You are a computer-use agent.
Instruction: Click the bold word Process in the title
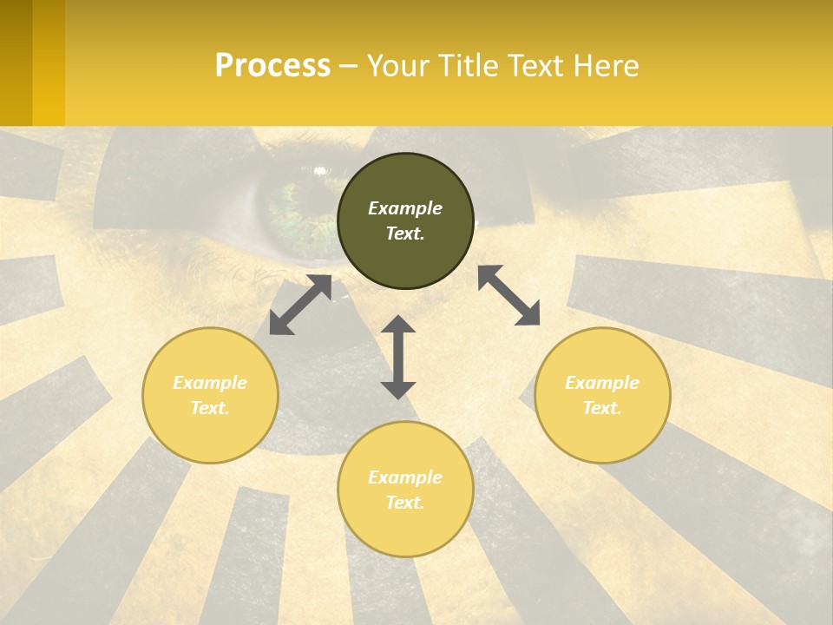(272, 66)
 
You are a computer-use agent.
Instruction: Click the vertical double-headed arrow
(398, 357)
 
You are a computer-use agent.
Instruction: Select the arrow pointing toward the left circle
(300, 305)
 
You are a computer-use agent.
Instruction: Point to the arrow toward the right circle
(508, 295)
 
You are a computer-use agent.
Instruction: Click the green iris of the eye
(291, 208)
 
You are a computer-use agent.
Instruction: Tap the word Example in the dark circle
(405, 208)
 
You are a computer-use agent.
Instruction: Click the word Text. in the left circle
(210, 408)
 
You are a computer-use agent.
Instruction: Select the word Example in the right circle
(602, 383)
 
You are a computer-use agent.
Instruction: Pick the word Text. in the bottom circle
(405, 503)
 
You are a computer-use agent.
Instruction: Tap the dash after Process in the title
(348, 66)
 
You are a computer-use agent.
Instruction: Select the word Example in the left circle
(210, 383)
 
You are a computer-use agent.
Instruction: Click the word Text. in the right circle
(602, 408)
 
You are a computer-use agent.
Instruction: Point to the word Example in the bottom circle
(405, 477)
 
